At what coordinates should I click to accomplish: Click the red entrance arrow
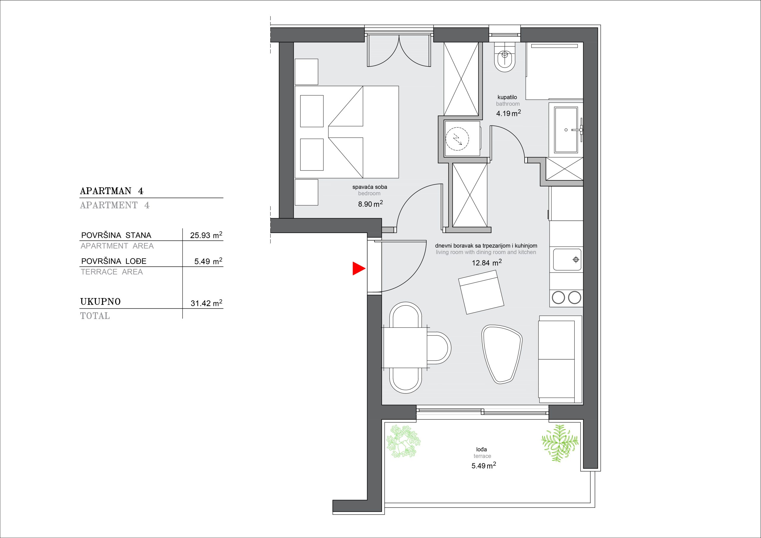tap(358, 268)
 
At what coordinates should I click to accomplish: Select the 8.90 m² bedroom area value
tap(370, 204)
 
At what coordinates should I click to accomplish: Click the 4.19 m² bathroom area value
tap(508, 113)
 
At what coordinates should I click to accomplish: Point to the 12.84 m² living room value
tap(487, 263)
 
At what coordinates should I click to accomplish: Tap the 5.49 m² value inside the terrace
tap(484, 466)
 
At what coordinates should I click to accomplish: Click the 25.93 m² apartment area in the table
tap(206, 235)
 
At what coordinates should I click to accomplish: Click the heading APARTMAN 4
tap(112, 191)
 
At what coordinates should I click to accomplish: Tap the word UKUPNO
tap(100, 302)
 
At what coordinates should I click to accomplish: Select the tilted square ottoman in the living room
tap(481, 292)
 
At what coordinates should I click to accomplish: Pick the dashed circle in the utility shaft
tap(457, 139)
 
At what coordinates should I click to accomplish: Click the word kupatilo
tap(507, 97)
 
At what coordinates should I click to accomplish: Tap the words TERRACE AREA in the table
tap(112, 272)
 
